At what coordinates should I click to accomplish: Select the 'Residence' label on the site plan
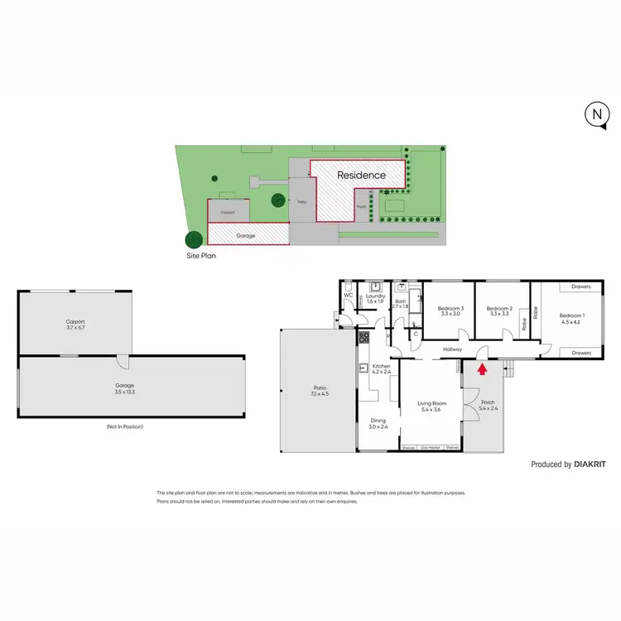pyautogui.click(x=361, y=176)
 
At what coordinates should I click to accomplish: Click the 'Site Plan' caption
pyautogui.click(x=204, y=257)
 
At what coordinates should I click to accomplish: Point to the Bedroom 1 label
pyautogui.click(x=570, y=315)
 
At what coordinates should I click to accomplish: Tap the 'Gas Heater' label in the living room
pyautogui.click(x=431, y=448)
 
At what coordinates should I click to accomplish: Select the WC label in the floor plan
pyautogui.click(x=349, y=296)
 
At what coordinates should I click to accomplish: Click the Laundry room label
pyautogui.click(x=376, y=296)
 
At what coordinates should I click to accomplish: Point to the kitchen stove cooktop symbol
pyautogui.click(x=363, y=337)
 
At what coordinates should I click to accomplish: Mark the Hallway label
pyautogui.click(x=452, y=349)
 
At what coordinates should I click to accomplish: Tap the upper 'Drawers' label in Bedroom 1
pyautogui.click(x=580, y=287)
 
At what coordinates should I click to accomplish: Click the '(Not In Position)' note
pyautogui.click(x=124, y=426)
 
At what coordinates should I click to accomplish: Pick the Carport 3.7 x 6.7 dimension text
pyautogui.click(x=75, y=328)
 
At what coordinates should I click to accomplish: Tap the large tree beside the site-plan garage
pyautogui.click(x=193, y=239)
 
